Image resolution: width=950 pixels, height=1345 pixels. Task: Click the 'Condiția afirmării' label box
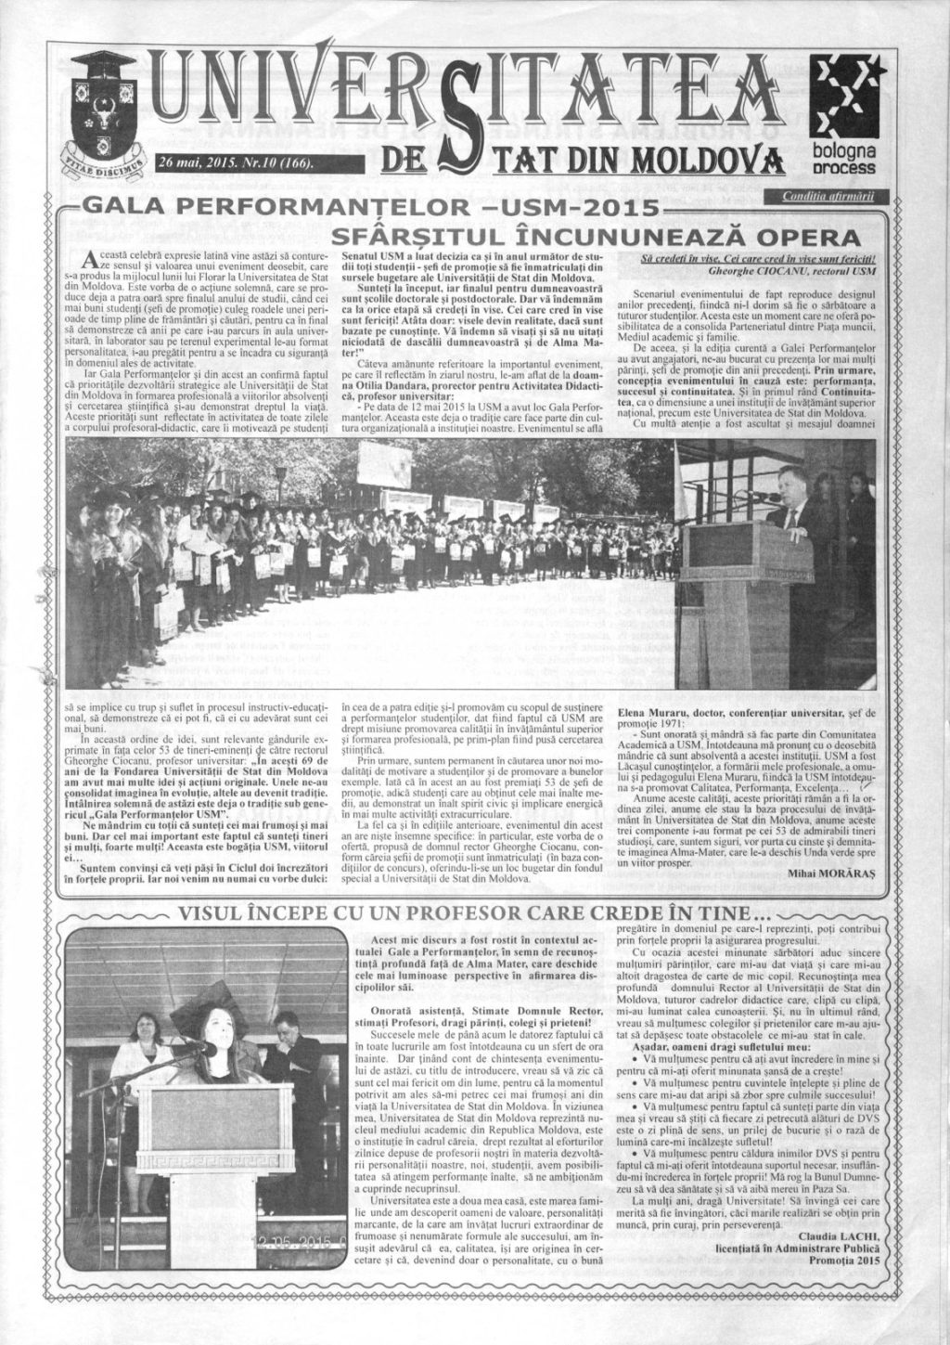[828, 197]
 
